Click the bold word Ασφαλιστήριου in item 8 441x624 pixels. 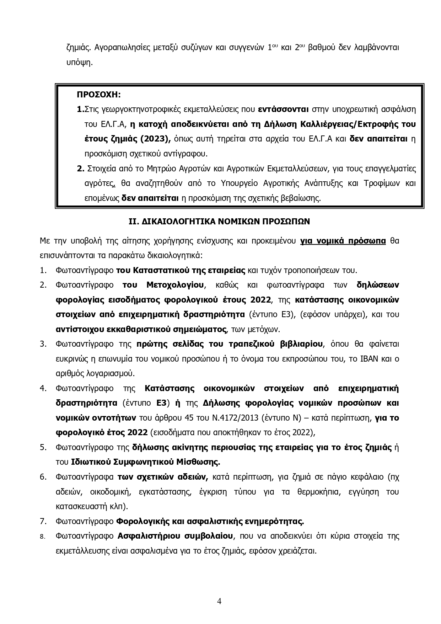149,536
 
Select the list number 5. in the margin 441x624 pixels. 43,447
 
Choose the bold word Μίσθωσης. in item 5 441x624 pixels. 199,462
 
